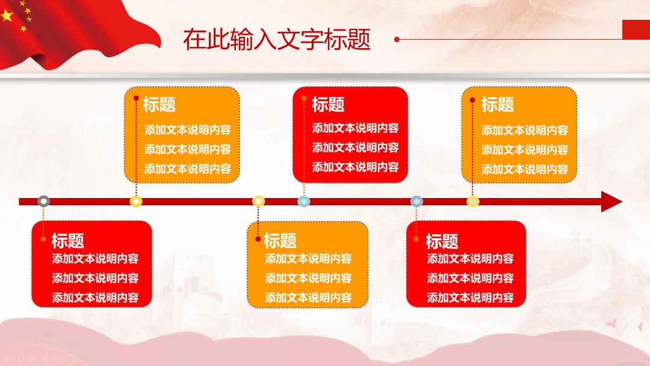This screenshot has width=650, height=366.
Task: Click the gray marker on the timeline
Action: click(x=43, y=202)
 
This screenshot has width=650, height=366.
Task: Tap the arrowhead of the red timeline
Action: click(x=611, y=202)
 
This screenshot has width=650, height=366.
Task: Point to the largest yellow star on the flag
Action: click(x=7, y=16)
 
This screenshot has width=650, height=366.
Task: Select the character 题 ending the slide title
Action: click(x=359, y=39)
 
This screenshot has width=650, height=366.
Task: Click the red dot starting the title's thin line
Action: click(x=397, y=39)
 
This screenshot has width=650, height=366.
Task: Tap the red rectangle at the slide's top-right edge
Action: click(x=636, y=30)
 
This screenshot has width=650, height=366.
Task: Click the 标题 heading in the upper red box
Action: click(x=328, y=105)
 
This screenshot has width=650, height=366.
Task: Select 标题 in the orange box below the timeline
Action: click(x=280, y=240)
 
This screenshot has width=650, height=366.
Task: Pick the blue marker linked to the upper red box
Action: click(x=304, y=202)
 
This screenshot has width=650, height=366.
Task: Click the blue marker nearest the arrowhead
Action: click(x=416, y=202)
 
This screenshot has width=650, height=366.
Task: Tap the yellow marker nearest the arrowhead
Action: click(x=473, y=202)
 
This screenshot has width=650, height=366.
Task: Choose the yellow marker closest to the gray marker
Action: click(x=136, y=202)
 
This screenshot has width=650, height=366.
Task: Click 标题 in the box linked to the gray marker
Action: click(x=67, y=240)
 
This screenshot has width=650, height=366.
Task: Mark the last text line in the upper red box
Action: click(x=355, y=167)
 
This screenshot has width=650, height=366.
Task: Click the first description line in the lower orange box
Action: click(x=308, y=259)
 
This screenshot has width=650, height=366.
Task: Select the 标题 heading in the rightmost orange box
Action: click(x=498, y=105)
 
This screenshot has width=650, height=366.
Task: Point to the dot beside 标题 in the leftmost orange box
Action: click(x=137, y=98)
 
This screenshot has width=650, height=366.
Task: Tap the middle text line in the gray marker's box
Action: click(x=95, y=278)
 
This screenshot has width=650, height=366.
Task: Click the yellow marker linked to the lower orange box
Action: click(x=258, y=202)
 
